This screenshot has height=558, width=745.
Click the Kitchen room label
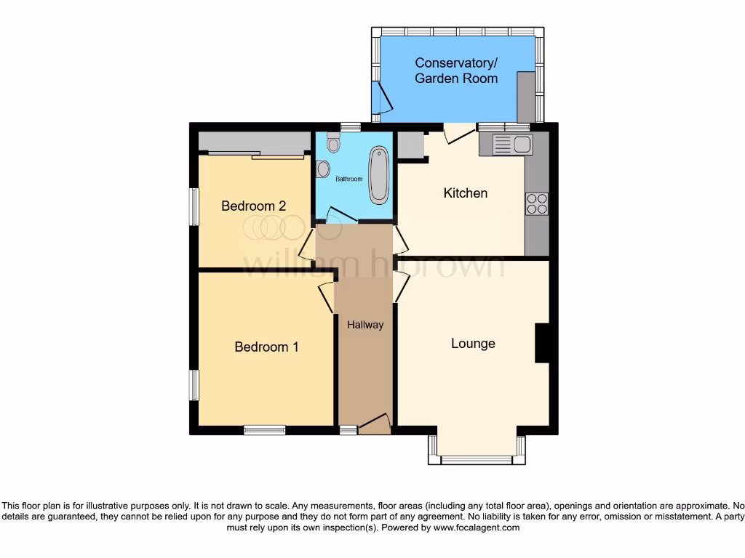click(466, 193)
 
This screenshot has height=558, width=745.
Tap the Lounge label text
click(473, 344)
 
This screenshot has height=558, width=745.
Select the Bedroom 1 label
click(266, 347)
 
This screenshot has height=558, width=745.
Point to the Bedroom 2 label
click(253, 206)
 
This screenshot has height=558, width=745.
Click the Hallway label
click(364, 325)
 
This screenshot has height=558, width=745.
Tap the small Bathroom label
click(348, 179)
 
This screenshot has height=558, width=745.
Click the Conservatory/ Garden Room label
click(456, 70)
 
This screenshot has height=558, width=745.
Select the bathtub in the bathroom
click(378, 175)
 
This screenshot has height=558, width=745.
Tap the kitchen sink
click(514, 145)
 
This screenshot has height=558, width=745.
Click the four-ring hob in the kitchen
click(537, 203)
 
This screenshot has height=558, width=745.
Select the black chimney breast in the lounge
click(542, 343)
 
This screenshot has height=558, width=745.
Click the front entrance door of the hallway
click(375, 424)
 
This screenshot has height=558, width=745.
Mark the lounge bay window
click(477, 459)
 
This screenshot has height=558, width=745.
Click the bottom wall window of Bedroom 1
click(264, 430)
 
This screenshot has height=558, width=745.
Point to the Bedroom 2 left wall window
click(194, 207)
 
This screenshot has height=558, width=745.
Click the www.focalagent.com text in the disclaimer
click(477, 527)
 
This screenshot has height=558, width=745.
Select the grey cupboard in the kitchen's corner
click(410, 145)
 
